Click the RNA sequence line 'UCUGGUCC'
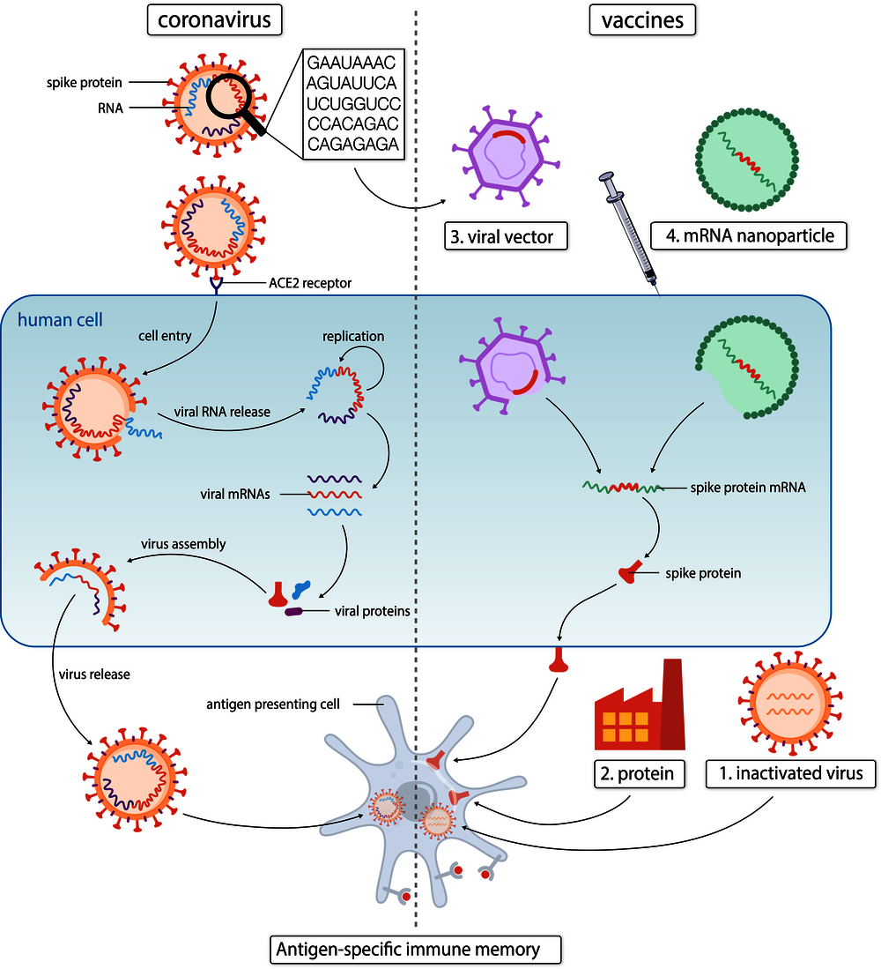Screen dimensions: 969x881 coord(353,104)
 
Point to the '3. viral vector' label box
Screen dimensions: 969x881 coord(506,236)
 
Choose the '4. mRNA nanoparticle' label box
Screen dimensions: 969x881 coord(748,236)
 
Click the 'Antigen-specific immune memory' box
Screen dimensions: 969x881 coord(416,950)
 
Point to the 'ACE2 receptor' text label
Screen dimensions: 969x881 coord(310,282)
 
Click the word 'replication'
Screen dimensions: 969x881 coord(353,337)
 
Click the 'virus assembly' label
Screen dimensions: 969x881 coord(184,544)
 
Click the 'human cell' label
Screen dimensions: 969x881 coord(59,319)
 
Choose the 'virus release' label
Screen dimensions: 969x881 coord(95,675)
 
